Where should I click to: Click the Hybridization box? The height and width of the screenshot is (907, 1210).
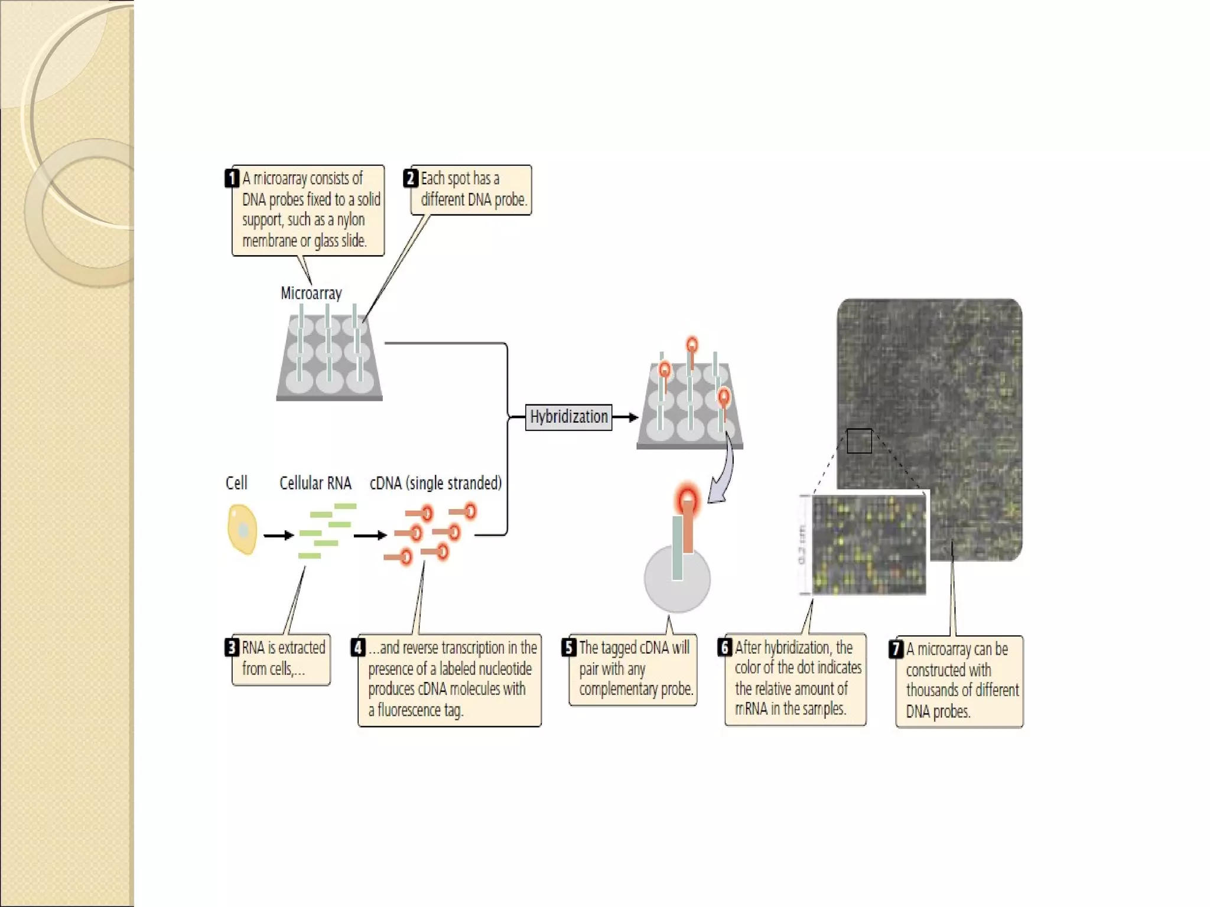coord(568,417)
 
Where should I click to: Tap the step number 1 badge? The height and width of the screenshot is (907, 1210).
coord(232,178)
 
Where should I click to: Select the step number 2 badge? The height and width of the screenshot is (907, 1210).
coord(411,178)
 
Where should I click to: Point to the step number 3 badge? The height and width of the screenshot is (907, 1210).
coord(232,648)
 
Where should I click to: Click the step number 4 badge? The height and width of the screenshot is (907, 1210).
coord(358,648)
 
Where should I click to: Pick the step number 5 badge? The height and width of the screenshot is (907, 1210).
coord(569,648)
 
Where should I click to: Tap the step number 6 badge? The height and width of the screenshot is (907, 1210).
coord(725,647)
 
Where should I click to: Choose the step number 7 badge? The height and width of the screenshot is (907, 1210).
coord(896,649)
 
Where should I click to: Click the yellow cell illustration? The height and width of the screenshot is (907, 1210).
coord(242,529)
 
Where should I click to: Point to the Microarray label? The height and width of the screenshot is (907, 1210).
coord(311,293)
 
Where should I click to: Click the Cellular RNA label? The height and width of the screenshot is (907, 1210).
coord(315,483)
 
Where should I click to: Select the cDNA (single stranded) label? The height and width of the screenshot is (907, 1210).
coord(436,483)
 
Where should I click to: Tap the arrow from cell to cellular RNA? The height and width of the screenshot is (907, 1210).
coord(278,536)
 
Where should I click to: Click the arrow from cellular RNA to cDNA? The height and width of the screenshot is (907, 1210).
coord(370,536)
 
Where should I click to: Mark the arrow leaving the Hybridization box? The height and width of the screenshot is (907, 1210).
coord(626,417)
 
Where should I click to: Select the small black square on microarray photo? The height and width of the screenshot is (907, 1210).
coord(859,441)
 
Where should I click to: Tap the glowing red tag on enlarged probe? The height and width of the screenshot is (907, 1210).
coord(687,500)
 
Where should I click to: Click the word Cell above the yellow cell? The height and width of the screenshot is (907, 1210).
coord(236,483)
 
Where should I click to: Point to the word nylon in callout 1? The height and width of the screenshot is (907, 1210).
coord(350,220)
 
